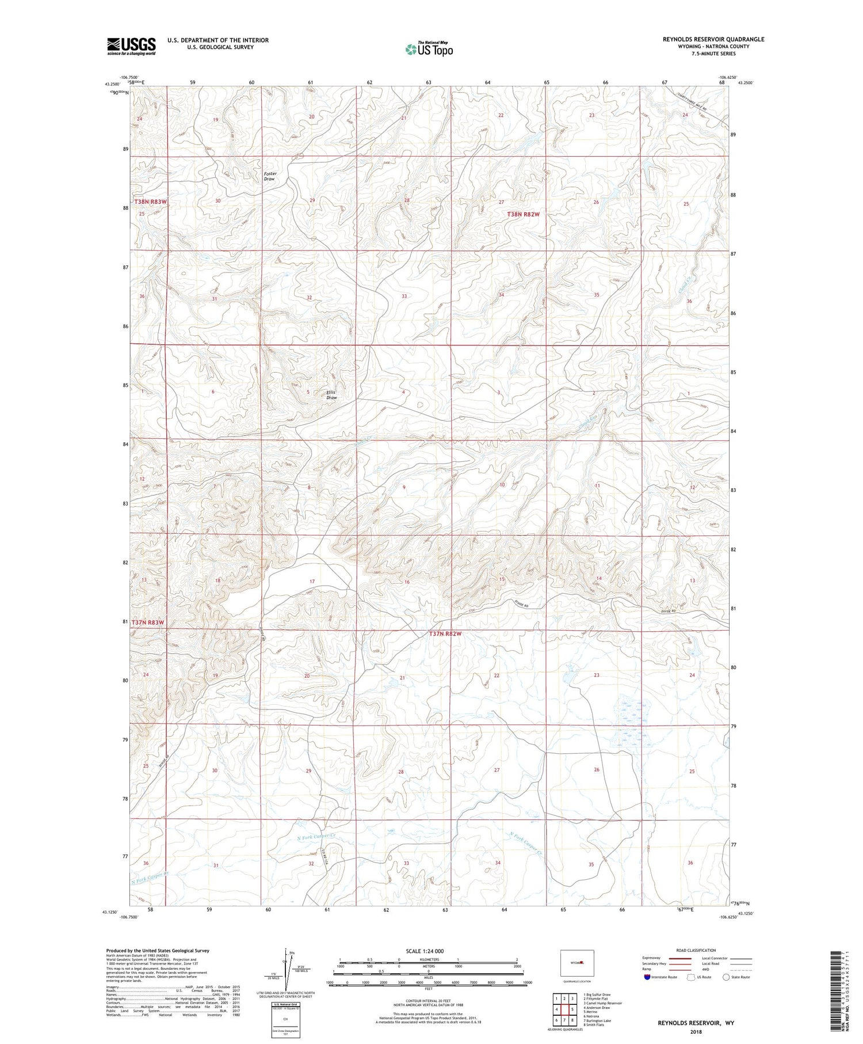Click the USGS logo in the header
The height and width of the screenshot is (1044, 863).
[131, 45]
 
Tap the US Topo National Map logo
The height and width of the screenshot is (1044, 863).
[429, 49]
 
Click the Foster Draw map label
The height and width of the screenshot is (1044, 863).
[270, 176]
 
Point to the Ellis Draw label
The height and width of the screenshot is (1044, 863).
[332, 395]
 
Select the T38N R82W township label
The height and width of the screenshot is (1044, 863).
[524, 214]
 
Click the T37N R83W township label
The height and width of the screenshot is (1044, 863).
[148, 622]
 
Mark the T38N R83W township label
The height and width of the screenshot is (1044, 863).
[150, 202]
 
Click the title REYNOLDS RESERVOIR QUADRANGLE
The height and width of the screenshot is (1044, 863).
[713, 39]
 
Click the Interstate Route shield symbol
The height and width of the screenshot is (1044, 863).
[647, 977]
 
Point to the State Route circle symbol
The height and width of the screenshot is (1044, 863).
[726, 977]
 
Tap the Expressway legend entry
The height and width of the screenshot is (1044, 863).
[654, 958]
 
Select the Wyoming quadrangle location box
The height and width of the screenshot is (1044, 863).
[576, 963]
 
